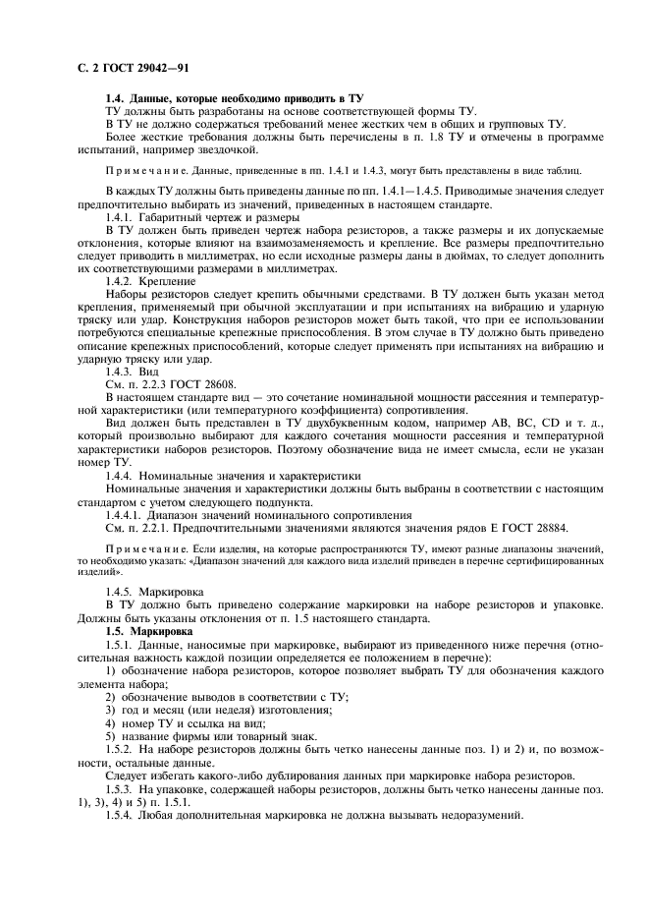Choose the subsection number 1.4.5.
pos(121,592)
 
